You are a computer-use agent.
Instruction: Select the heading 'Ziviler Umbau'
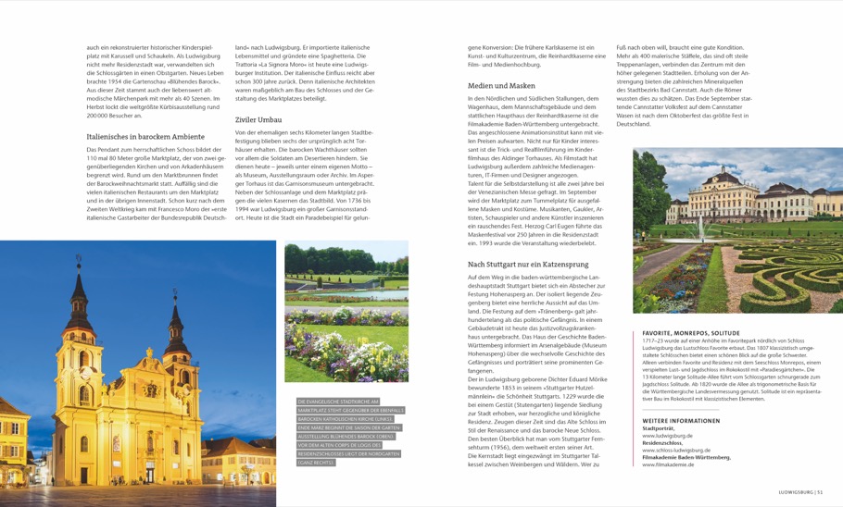click(258, 119)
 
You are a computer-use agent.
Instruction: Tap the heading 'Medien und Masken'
click(501, 85)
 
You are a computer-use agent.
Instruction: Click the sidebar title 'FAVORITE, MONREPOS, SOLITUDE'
click(691, 333)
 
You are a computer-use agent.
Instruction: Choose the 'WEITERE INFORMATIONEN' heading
click(681, 421)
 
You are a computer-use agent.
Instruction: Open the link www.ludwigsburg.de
click(667, 435)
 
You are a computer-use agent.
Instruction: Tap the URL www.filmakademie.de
click(667, 464)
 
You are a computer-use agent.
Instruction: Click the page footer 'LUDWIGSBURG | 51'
click(807, 492)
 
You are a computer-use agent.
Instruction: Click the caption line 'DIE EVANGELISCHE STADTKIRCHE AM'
click(338, 402)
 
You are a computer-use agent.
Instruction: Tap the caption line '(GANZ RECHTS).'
click(316, 463)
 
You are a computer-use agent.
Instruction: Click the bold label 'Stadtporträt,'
click(659, 428)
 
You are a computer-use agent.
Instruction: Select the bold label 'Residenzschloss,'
click(662, 443)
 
